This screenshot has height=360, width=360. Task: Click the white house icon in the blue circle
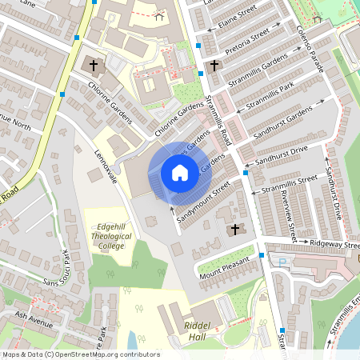179,173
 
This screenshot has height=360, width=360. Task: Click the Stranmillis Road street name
218,119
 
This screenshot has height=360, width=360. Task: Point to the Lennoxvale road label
106,167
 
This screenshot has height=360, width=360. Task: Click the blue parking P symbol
282,261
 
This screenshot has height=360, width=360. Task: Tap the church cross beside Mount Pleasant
234,230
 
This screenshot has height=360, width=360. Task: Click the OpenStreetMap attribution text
81,354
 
